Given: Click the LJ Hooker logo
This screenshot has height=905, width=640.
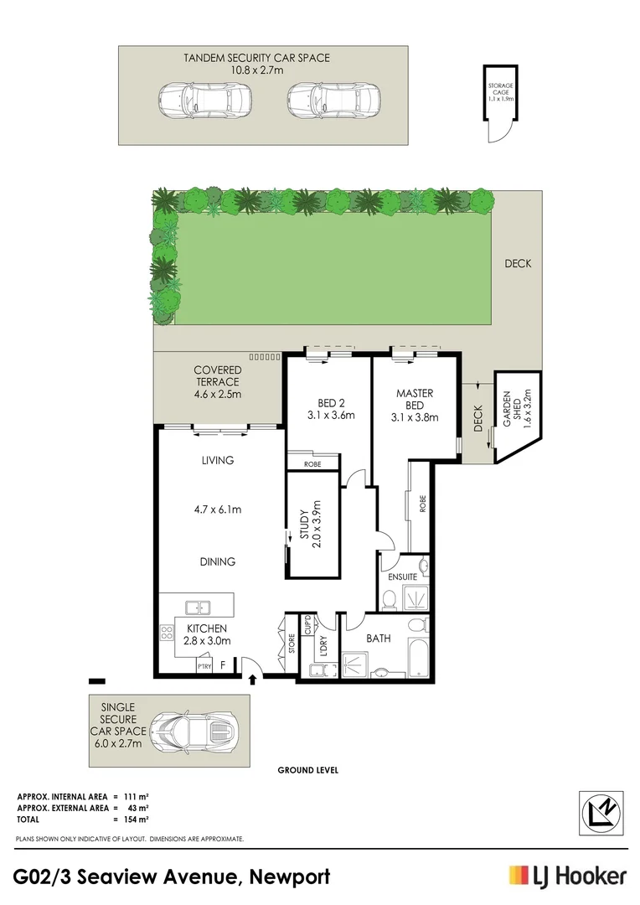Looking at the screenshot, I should pyautogui.click(x=567, y=877).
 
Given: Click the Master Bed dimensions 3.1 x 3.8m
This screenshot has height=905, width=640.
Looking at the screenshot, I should pyautogui.click(x=414, y=416).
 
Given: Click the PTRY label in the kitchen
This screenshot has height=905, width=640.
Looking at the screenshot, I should pyautogui.click(x=204, y=667).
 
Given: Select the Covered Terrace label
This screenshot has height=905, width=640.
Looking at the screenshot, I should pyautogui.click(x=218, y=381).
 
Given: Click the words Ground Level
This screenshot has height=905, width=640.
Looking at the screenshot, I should pyautogui.click(x=308, y=770).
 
